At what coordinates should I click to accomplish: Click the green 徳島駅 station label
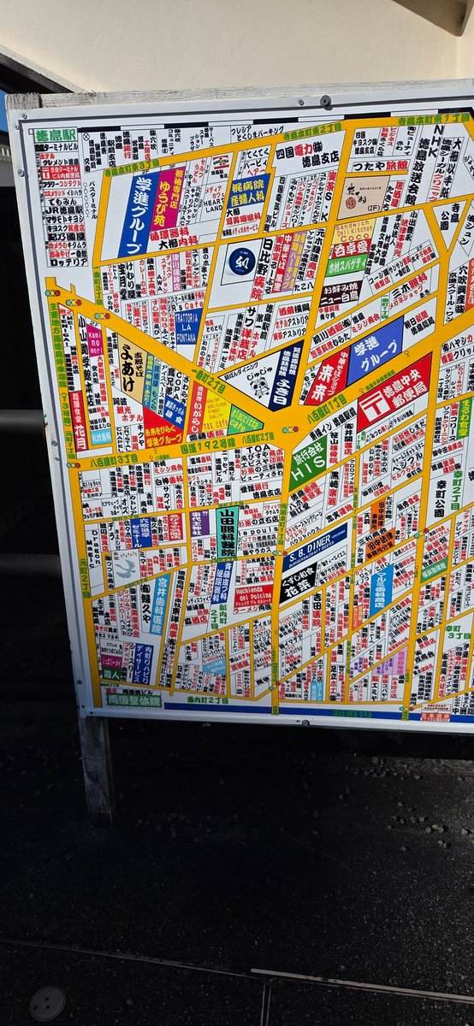(56, 135)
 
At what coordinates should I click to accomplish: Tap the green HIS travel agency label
(308, 465)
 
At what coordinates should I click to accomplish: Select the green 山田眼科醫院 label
(227, 531)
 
